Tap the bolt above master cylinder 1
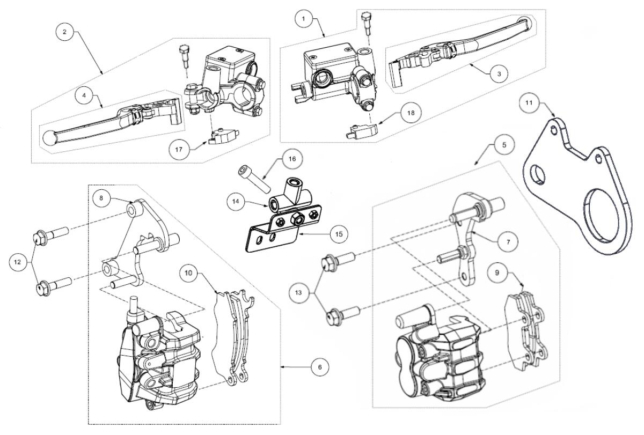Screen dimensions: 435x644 coord(367,23)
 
